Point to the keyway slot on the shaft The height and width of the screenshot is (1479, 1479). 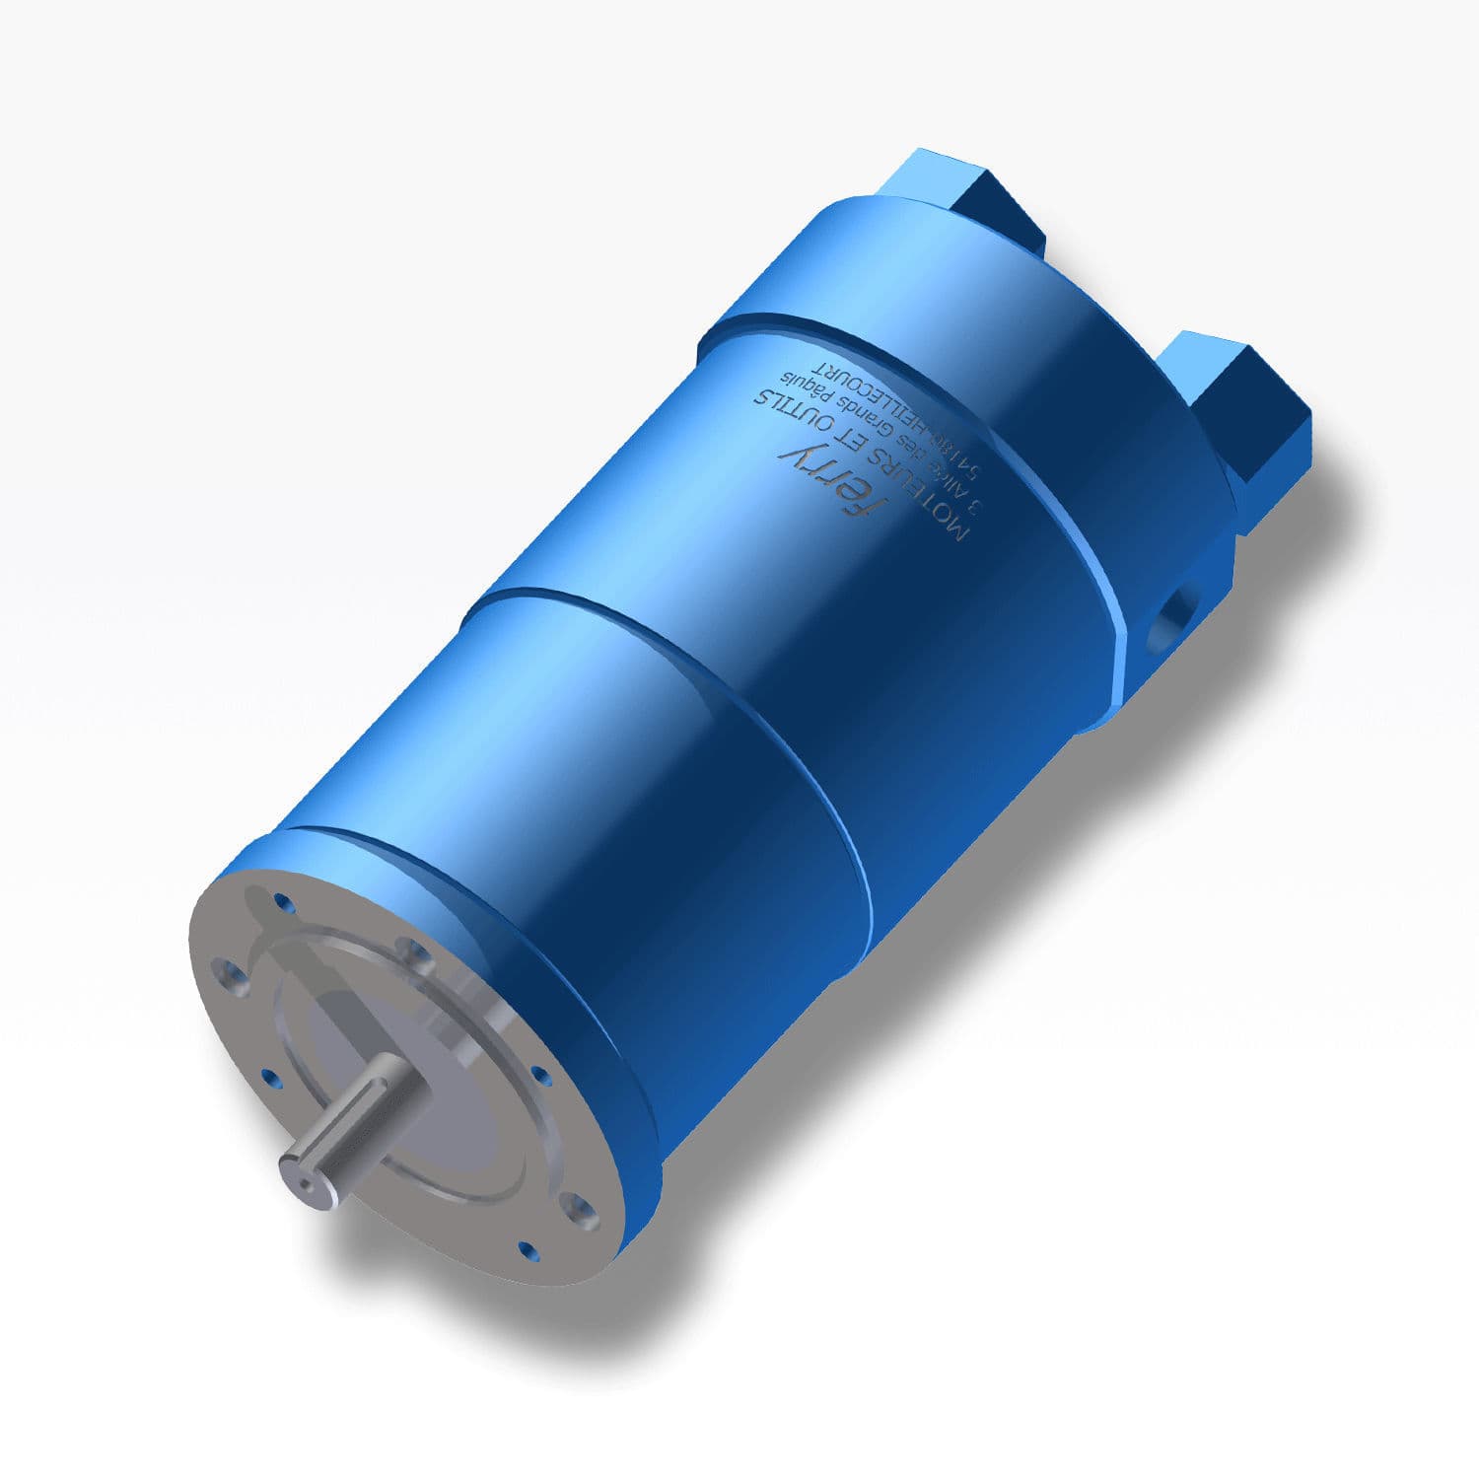(345, 1134)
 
